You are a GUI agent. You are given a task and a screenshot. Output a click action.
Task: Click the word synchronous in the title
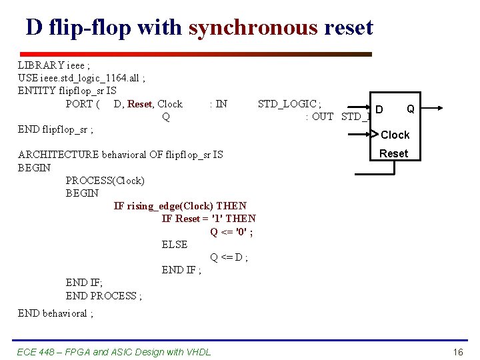point(253,27)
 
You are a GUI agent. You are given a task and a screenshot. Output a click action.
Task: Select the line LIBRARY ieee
point(53,65)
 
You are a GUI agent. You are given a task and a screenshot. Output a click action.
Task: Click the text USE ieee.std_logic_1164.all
point(81,78)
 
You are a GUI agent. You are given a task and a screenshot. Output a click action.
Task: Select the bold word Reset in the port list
point(139,103)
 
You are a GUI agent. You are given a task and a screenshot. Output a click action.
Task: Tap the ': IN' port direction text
point(218,103)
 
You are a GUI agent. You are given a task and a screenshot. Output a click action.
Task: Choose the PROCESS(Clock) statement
point(105,180)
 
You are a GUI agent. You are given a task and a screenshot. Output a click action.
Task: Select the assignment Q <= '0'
point(231,231)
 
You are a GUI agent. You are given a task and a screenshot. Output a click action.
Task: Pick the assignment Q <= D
point(229,257)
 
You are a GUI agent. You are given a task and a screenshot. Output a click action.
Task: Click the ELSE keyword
point(175,245)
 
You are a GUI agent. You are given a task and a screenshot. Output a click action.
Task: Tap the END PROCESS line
point(103,295)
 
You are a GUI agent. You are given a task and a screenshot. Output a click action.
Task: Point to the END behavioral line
point(55,313)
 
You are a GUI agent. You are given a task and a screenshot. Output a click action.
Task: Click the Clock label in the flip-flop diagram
point(395,135)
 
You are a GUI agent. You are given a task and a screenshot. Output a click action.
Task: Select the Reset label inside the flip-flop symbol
point(393,153)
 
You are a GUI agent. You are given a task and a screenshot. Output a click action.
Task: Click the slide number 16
point(457,352)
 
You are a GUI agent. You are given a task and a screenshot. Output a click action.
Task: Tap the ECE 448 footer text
point(113,352)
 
